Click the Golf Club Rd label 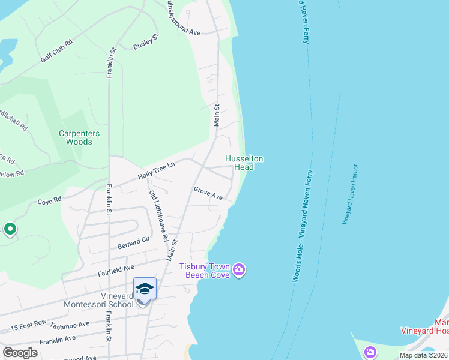click(56, 51)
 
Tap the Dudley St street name click(146, 44)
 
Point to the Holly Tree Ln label click(156, 173)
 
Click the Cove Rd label click(50, 200)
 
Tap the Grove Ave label click(208, 193)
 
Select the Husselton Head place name click(244, 163)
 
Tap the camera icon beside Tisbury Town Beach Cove click(239, 270)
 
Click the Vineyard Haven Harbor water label click(350, 194)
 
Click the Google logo click(20, 353)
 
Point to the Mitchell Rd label click(13, 120)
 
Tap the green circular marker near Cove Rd click(10, 229)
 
